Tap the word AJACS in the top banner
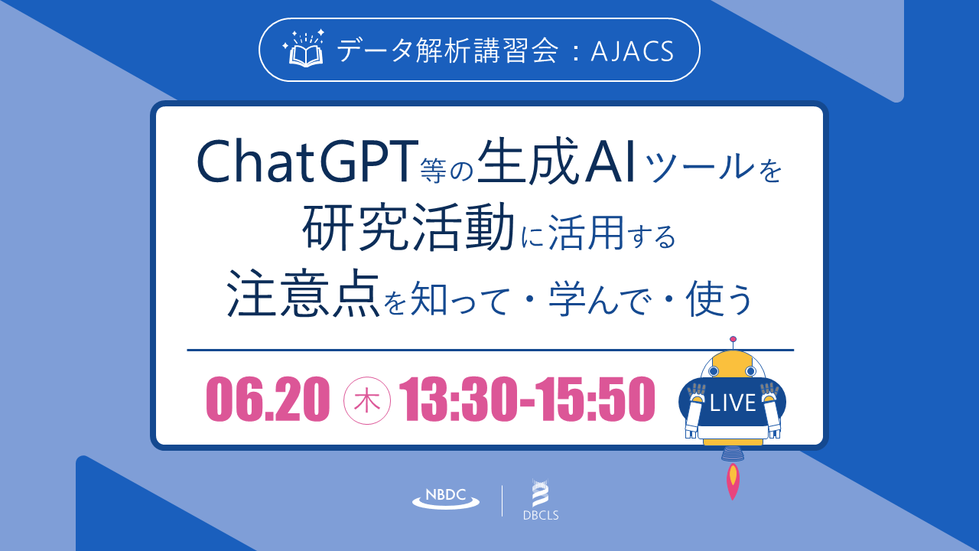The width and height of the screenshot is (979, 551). [632, 51]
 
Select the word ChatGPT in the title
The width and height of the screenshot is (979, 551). [305, 161]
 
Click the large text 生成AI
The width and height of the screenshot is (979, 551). [556, 161]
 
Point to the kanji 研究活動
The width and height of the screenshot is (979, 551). [408, 227]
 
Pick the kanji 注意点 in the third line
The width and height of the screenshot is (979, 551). [303, 293]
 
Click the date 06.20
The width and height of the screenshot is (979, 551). [268, 399]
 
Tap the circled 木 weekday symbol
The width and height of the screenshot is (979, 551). [366, 400]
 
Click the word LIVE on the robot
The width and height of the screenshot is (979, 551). [733, 403]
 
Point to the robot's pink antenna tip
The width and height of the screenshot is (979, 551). [733, 339]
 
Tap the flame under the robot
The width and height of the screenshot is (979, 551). [733, 481]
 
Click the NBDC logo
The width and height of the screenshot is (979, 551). [446, 498]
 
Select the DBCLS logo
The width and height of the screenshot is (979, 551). [541, 500]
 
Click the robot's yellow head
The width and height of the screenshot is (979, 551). [732, 366]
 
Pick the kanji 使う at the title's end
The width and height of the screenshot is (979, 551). [719, 298]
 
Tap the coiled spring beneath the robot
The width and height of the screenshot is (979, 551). [733, 455]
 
